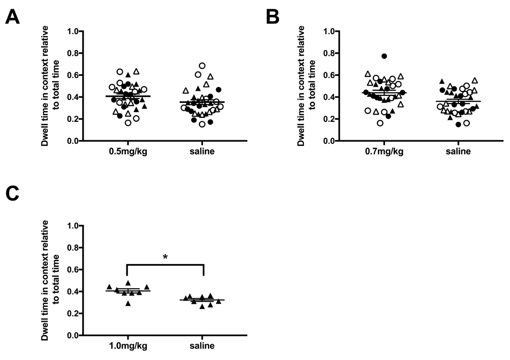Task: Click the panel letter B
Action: point(272,18)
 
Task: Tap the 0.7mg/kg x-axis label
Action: point(384,152)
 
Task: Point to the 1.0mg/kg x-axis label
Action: point(127,347)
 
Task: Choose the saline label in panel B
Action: point(458,152)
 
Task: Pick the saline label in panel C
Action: point(202,347)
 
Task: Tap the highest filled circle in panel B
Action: point(384,56)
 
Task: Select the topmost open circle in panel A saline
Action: point(202,66)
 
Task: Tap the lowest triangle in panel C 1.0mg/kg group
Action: point(128,303)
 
